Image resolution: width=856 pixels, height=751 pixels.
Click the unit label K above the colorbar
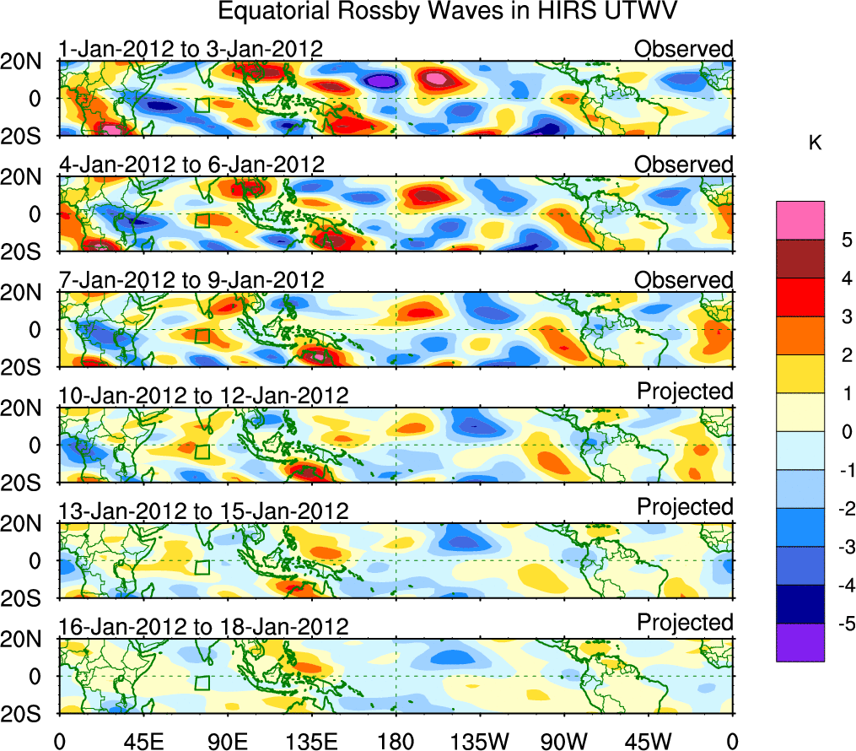tap(816, 144)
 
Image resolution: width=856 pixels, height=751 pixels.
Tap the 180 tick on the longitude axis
tap(396, 741)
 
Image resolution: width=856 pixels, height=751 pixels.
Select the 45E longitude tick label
tap(143, 741)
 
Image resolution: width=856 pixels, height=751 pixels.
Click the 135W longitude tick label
tap(480, 741)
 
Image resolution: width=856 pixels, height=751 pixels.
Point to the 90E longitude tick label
tap(227, 741)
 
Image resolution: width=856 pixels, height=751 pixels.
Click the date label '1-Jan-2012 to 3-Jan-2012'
tap(191, 49)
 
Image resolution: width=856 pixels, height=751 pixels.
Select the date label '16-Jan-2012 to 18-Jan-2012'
tap(203, 627)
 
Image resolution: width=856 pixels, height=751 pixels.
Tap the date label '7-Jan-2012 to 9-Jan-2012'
tap(191, 280)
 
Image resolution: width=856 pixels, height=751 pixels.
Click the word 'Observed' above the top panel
tap(683, 49)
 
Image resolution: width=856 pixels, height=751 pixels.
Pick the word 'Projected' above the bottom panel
tap(685, 623)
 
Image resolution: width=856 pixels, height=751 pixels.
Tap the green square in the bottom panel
tap(202, 683)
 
